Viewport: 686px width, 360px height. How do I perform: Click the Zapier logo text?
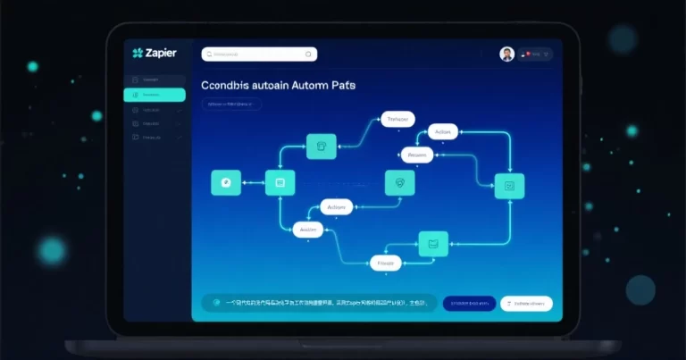coord(159,54)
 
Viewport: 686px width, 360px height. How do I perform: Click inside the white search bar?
coord(255,54)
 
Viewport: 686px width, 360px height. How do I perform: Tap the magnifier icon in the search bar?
coord(310,54)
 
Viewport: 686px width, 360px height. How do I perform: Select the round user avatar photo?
coord(507,54)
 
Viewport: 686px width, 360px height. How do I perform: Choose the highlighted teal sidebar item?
coord(155,94)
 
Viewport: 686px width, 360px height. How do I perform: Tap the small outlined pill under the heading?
coord(231,105)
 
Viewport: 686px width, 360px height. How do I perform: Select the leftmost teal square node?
coord(225,182)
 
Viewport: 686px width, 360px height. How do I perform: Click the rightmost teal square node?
coord(509,186)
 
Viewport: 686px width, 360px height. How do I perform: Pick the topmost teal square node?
coord(320,147)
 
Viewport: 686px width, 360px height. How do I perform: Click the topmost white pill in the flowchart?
coord(398,118)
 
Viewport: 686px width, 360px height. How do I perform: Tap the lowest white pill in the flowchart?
coord(386,263)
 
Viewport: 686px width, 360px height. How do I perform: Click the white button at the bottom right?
coord(526,304)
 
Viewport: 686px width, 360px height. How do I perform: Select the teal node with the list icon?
coord(280,182)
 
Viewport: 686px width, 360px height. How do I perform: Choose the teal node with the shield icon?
coord(399,182)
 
